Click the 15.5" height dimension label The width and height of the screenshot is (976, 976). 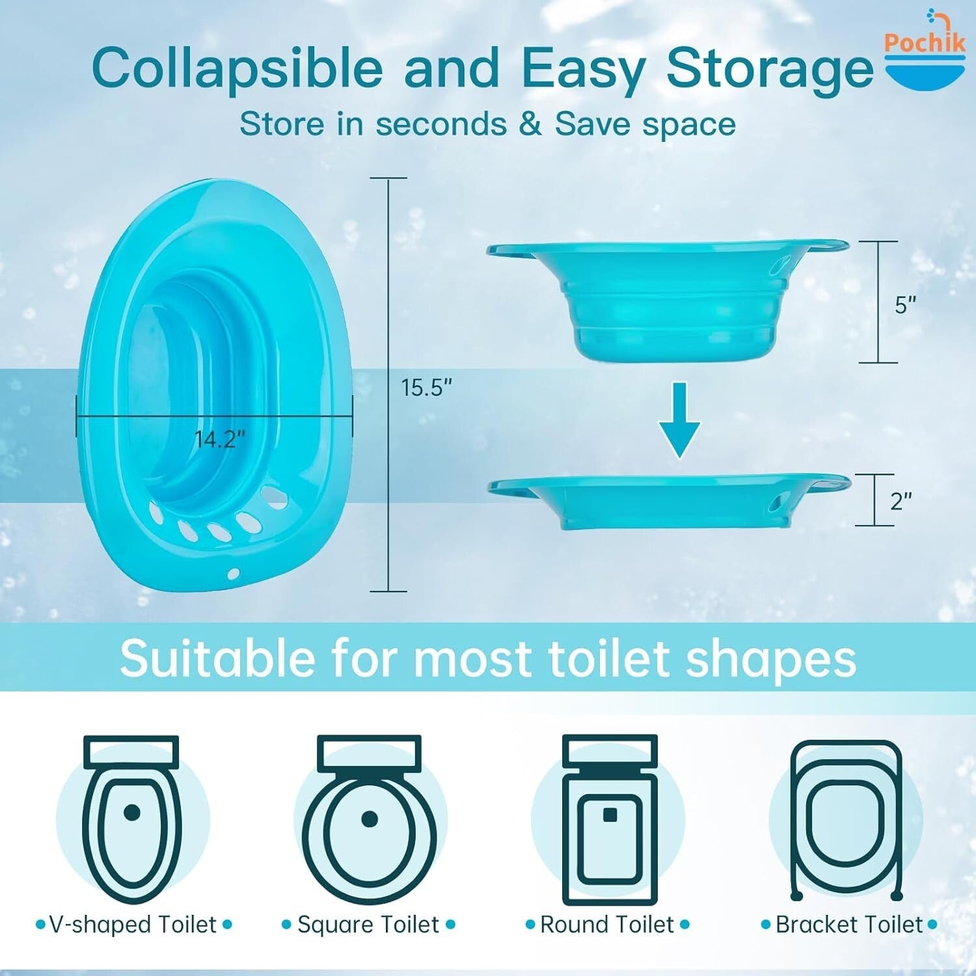pyautogui.click(x=426, y=388)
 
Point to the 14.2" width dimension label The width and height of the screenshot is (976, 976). pyautogui.click(x=220, y=439)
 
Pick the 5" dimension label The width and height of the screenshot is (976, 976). pyautogui.click(x=905, y=305)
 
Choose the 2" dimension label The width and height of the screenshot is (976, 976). pyautogui.click(x=901, y=501)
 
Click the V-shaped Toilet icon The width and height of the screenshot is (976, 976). pyautogui.click(x=132, y=820)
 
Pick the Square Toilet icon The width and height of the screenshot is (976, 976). pyautogui.click(x=370, y=820)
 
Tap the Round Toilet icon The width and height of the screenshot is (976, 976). pyautogui.click(x=609, y=820)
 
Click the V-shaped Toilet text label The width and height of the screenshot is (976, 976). pyautogui.click(x=133, y=925)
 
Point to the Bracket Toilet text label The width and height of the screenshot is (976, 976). pyautogui.click(x=848, y=925)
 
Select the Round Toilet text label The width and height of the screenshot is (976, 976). pyautogui.click(x=607, y=925)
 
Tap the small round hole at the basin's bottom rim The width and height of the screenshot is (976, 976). pyautogui.click(x=234, y=574)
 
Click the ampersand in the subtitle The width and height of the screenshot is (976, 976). pyautogui.click(x=530, y=124)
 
